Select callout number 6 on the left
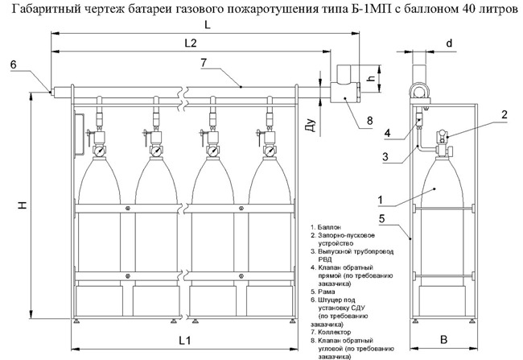14,64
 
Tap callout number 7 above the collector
204,62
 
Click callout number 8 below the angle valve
370,121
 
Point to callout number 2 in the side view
503,115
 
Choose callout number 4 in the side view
387,132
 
